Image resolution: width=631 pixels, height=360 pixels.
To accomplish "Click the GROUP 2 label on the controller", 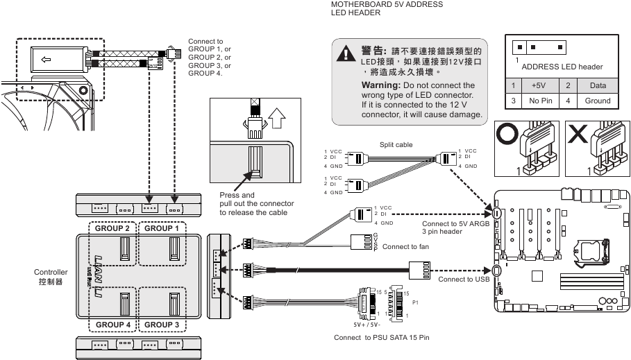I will point(112,228).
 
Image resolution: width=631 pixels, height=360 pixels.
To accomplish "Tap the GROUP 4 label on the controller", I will point(112,325).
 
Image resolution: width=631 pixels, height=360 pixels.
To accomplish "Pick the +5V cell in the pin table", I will point(537,85).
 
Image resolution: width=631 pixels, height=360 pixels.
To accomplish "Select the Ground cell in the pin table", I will point(597,101).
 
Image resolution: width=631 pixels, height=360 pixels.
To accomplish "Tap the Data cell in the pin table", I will point(597,85).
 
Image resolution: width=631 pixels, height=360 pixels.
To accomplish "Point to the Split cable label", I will point(396,144).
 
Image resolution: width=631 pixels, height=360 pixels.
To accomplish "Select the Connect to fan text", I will point(406,247).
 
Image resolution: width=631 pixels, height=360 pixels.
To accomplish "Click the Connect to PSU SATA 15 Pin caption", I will point(382,338).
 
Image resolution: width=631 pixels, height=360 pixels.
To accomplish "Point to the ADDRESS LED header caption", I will point(562,67).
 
